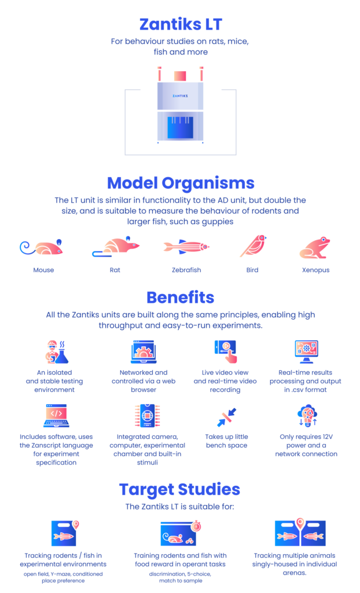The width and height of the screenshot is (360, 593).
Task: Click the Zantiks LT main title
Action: [181, 24]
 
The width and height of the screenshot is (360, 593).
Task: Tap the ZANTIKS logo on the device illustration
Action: [180, 96]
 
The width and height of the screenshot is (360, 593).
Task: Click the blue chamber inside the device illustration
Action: [180, 127]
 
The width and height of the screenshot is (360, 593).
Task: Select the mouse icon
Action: [41, 247]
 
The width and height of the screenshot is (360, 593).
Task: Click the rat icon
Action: [116, 247]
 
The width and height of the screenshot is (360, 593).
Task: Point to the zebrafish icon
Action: [186, 247]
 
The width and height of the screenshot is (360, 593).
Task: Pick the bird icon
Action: [252, 246]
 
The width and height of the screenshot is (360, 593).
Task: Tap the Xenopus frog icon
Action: [315, 248]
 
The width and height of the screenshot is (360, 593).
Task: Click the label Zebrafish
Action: [186, 270]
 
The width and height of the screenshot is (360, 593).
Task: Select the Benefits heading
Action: [181, 298]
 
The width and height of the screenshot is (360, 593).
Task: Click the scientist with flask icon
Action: [57, 352]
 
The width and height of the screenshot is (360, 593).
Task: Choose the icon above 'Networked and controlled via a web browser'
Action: [144, 352]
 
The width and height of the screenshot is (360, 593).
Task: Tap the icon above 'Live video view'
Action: [226, 352]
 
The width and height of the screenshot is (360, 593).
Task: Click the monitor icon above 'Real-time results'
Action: [306, 352]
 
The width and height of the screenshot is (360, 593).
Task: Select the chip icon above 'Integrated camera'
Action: [147, 416]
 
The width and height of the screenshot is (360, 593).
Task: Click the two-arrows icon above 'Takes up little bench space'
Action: [226, 417]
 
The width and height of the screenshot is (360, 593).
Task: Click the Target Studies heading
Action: [179, 489]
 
